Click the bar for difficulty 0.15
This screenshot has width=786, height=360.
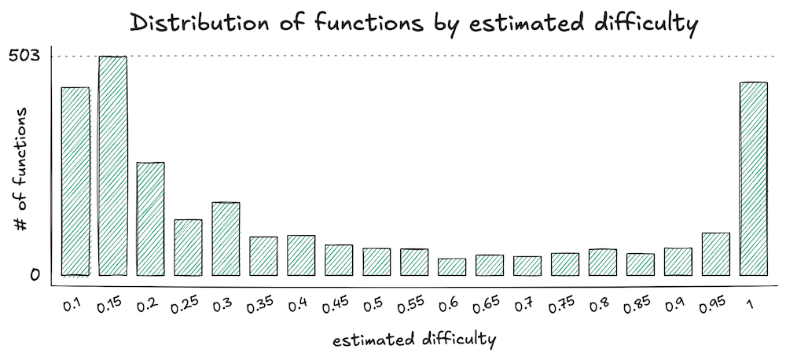[113, 166]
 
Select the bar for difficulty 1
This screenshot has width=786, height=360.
[753, 179]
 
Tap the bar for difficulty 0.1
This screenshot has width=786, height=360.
[75, 182]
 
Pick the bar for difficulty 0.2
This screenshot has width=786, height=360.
[150, 219]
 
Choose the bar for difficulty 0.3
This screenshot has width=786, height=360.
[226, 239]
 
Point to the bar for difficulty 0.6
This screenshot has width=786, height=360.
[452, 267]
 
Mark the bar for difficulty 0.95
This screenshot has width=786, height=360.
[715, 254]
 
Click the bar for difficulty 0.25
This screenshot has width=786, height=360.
[188, 248]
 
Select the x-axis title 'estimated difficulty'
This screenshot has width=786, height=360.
[413, 340]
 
